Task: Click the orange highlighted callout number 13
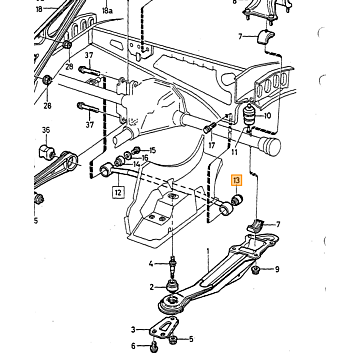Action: pos(236,181)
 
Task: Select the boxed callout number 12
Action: pos(119,192)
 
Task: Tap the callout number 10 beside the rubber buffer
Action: pos(267,116)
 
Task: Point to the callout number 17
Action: pos(212,145)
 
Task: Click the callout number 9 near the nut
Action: pos(277,269)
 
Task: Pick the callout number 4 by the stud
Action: pos(151,264)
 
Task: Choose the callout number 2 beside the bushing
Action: pos(152,287)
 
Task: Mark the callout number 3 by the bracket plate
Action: pos(133,330)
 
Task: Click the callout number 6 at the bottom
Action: pos(133,346)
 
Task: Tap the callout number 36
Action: pos(46,130)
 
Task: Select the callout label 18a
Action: pos(107,11)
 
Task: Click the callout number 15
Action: pos(152,150)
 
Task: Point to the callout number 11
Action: pos(234,152)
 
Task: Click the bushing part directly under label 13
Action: pos(237,200)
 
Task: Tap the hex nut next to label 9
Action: pos(257,268)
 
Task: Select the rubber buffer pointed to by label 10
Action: pos(249,115)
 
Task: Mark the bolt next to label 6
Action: pos(153,347)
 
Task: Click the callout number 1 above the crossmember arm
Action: pos(208,250)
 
